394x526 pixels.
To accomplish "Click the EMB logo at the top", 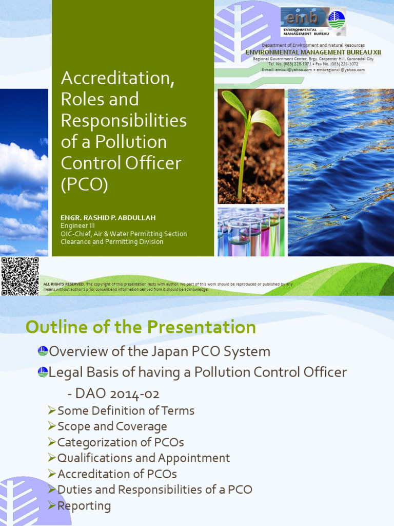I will [313, 22].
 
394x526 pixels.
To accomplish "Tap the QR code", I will [20, 276].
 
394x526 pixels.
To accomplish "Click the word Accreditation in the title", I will [117, 78].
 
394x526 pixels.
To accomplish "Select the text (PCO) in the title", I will [85, 184].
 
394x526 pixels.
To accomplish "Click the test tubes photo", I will [250, 232].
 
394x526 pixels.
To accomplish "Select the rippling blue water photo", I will [341, 172].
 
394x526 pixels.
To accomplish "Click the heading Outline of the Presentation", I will [141, 327].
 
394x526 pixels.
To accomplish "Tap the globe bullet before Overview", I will [43, 351].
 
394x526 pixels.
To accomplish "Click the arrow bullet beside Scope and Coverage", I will [51, 426].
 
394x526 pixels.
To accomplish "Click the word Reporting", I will [84, 506].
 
